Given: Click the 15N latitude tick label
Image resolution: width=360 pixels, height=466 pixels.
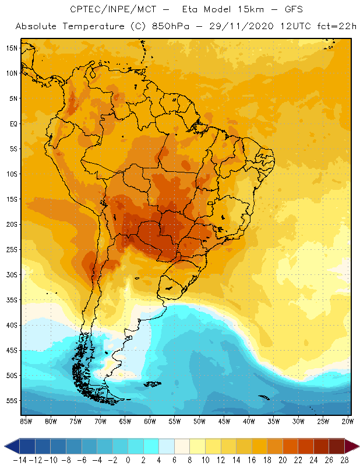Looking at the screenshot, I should click(12, 48).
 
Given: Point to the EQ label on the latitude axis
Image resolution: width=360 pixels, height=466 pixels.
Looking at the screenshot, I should click(12, 123).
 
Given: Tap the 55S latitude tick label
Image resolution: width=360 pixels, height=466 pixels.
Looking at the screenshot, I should click(12, 400).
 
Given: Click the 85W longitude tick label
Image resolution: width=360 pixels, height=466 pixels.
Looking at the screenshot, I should click(26, 421).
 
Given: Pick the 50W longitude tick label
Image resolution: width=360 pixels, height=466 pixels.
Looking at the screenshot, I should click(200, 421).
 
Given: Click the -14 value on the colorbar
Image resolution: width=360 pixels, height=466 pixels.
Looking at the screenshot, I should click(20, 460).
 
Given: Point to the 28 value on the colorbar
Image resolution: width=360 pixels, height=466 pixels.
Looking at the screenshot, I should click(344, 460).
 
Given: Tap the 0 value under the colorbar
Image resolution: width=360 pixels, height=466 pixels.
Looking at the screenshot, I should click(128, 460).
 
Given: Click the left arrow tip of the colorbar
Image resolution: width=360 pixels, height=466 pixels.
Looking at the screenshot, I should click(5, 446).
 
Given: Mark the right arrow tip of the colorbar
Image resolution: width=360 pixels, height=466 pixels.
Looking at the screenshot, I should click(358, 446).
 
